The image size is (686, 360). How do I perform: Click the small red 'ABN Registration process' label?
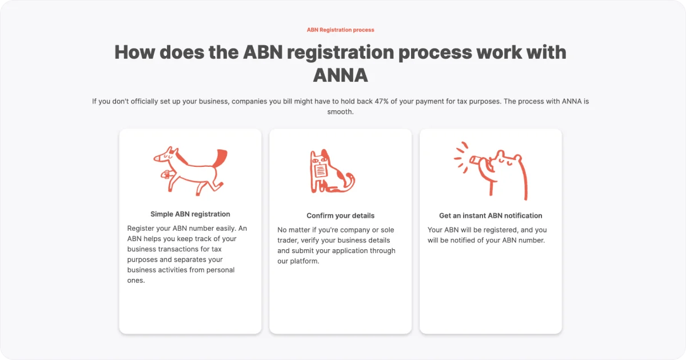(x=341, y=30)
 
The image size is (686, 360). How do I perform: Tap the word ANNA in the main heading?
(x=341, y=75)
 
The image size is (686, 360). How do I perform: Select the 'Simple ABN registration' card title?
(x=190, y=214)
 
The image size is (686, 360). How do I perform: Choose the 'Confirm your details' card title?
(x=341, y=216)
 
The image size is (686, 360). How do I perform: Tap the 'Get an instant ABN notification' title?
(x=490, y=216)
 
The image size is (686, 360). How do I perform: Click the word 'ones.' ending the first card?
(x=136, y=281)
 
